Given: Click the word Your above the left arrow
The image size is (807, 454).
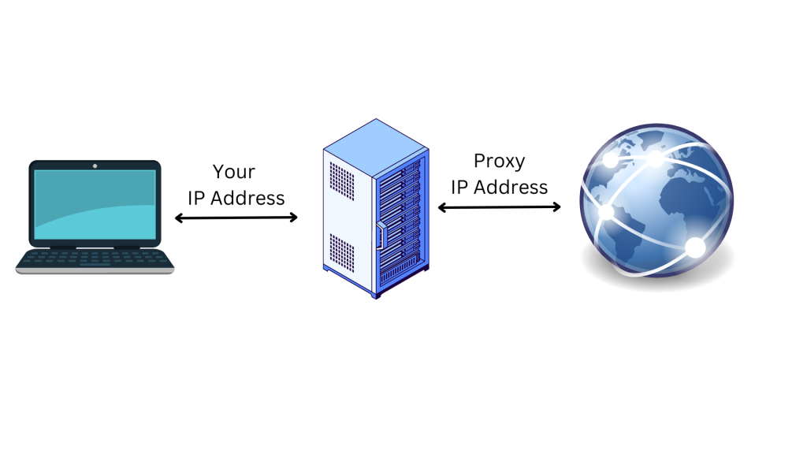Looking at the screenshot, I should point(234,172).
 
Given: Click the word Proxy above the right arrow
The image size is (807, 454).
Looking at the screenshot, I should point(499,162).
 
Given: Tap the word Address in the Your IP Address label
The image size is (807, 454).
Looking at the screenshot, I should point(247,198).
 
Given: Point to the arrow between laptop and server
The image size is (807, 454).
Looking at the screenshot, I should point(236,218).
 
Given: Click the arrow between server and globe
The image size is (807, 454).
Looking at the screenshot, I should point(499,207).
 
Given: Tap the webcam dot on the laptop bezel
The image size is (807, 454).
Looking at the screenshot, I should point(95,166).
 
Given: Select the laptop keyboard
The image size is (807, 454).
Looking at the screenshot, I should point(95,257).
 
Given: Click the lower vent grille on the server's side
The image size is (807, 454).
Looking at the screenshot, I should point(341,250).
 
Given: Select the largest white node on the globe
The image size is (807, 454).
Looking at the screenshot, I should point(695,247).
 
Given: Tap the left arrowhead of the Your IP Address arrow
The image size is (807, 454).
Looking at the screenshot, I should point(178,218).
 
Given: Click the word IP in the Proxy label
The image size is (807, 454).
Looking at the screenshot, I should point(459,188).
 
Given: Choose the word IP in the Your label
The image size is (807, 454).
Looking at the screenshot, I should point(196,198).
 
